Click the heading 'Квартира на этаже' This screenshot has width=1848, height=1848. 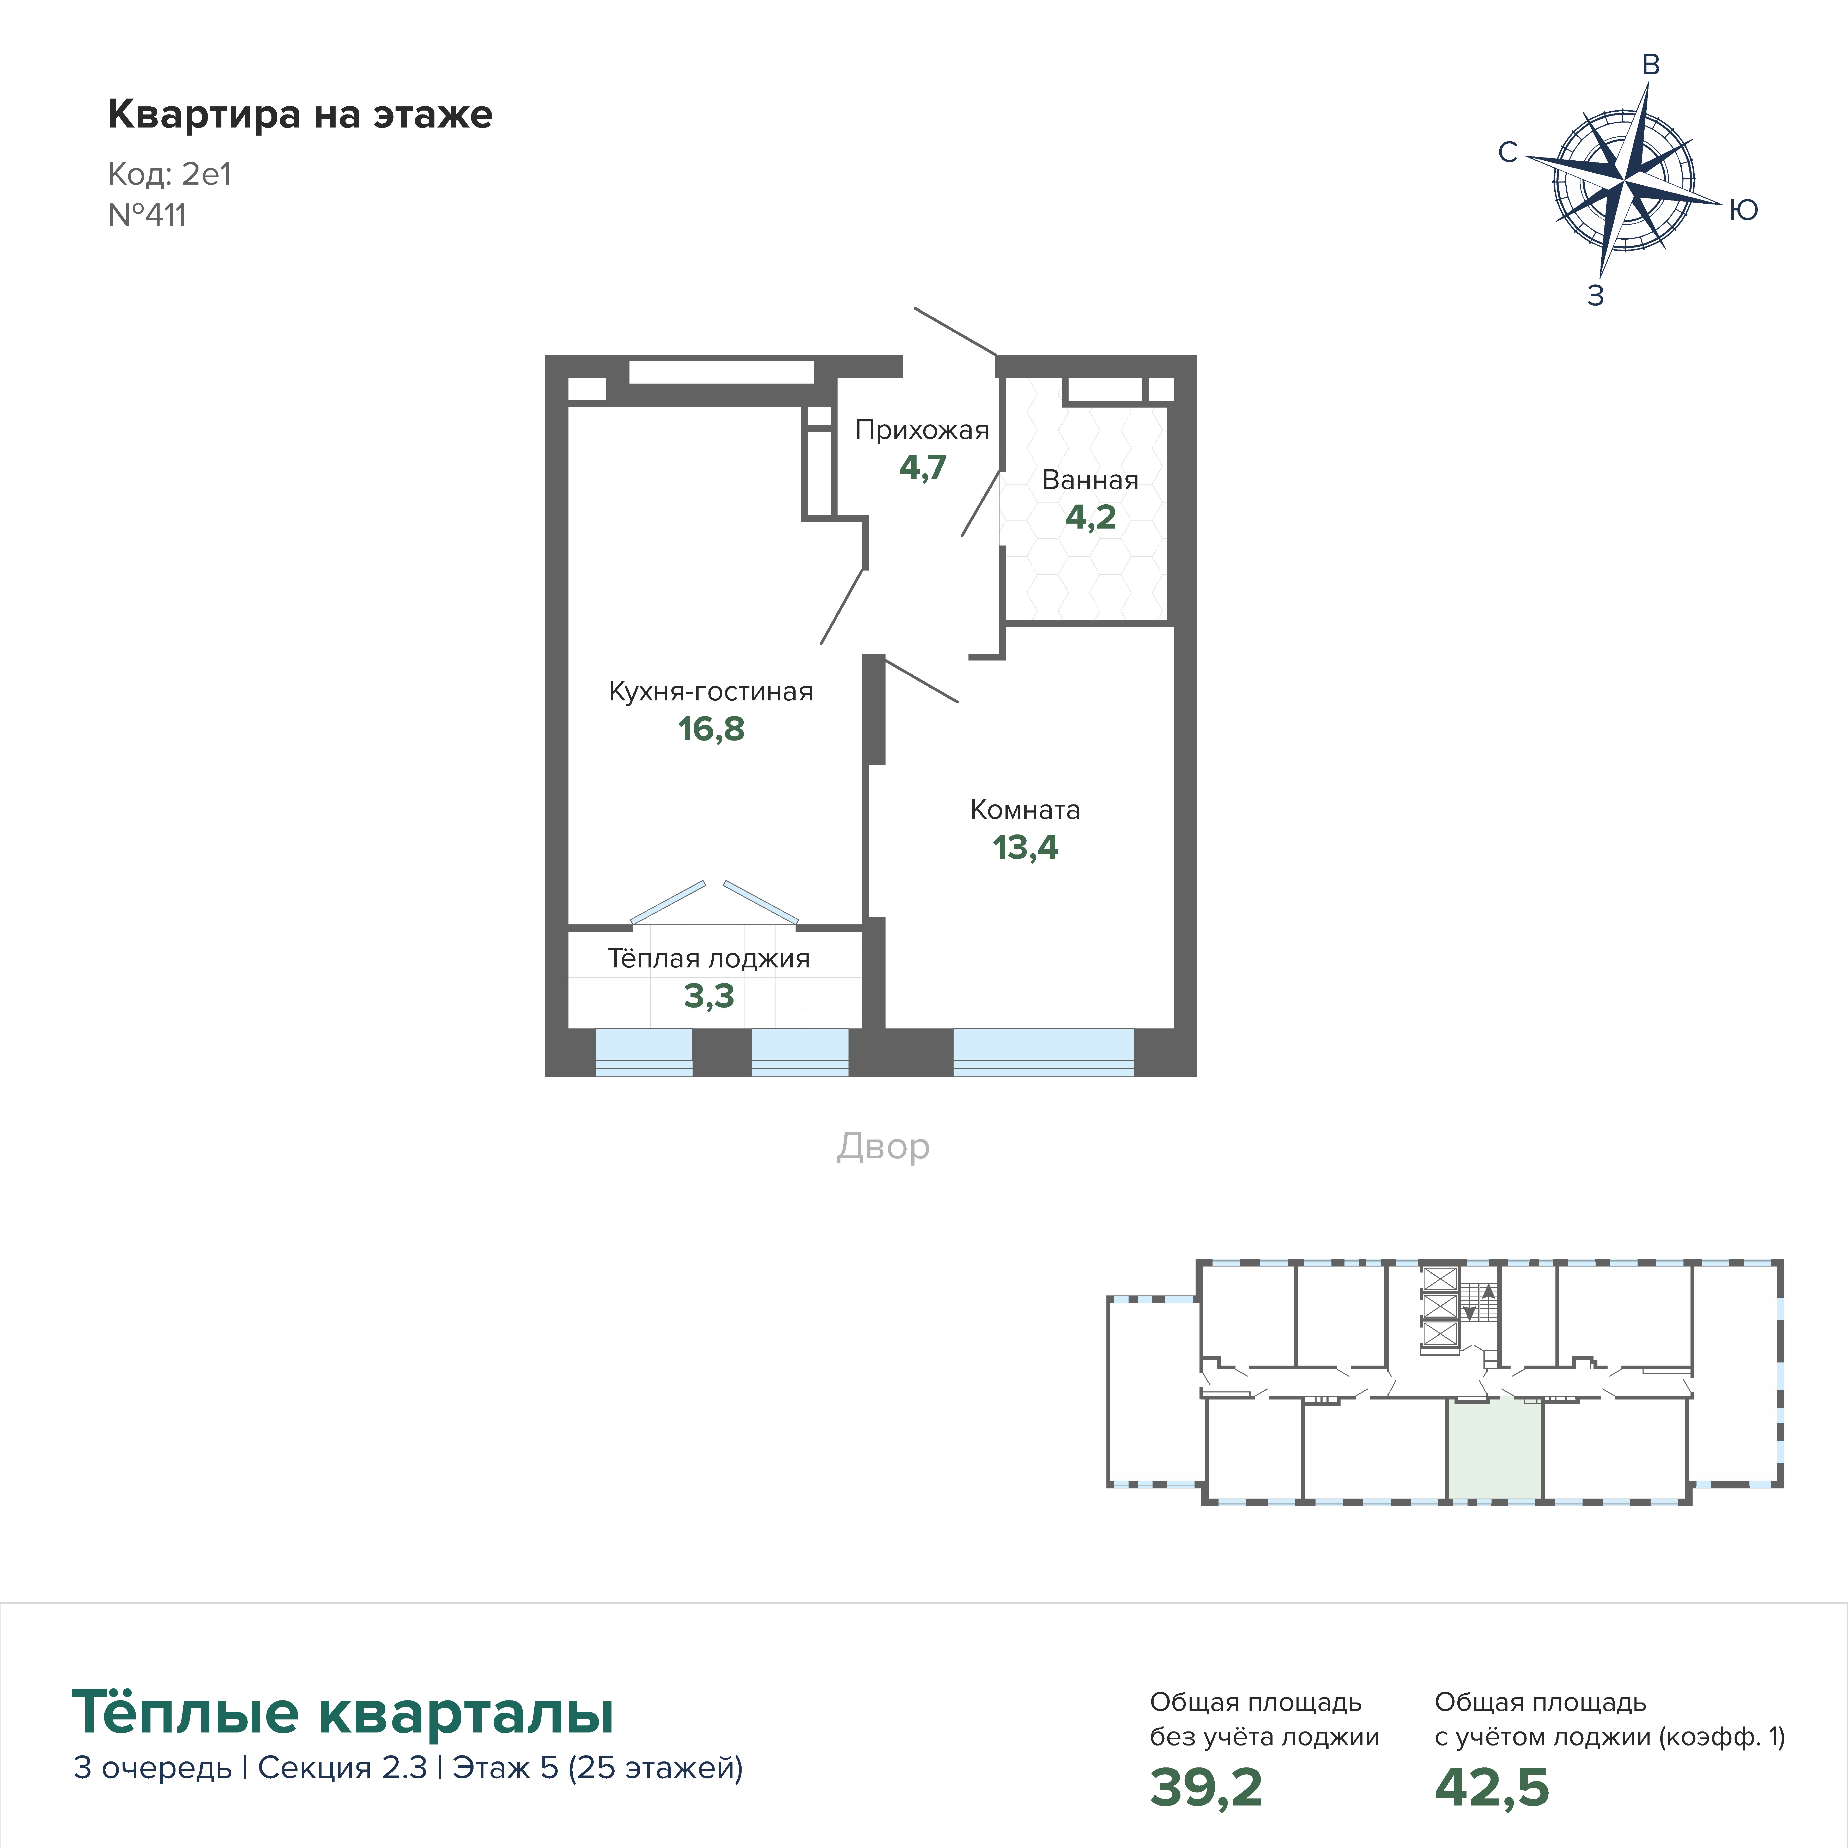[300, 115]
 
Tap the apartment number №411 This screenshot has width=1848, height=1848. [147, 215]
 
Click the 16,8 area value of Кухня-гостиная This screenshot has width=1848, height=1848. [711, 729]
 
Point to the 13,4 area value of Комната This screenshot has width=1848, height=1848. [1025, 847]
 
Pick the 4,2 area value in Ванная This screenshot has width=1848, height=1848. [1090, 518]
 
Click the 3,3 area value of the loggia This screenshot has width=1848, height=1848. [709, 996]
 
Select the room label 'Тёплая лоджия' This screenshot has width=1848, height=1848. [709, 959]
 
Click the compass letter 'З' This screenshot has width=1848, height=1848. [1596, 295]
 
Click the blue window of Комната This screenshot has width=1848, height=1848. [1044, 1052]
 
